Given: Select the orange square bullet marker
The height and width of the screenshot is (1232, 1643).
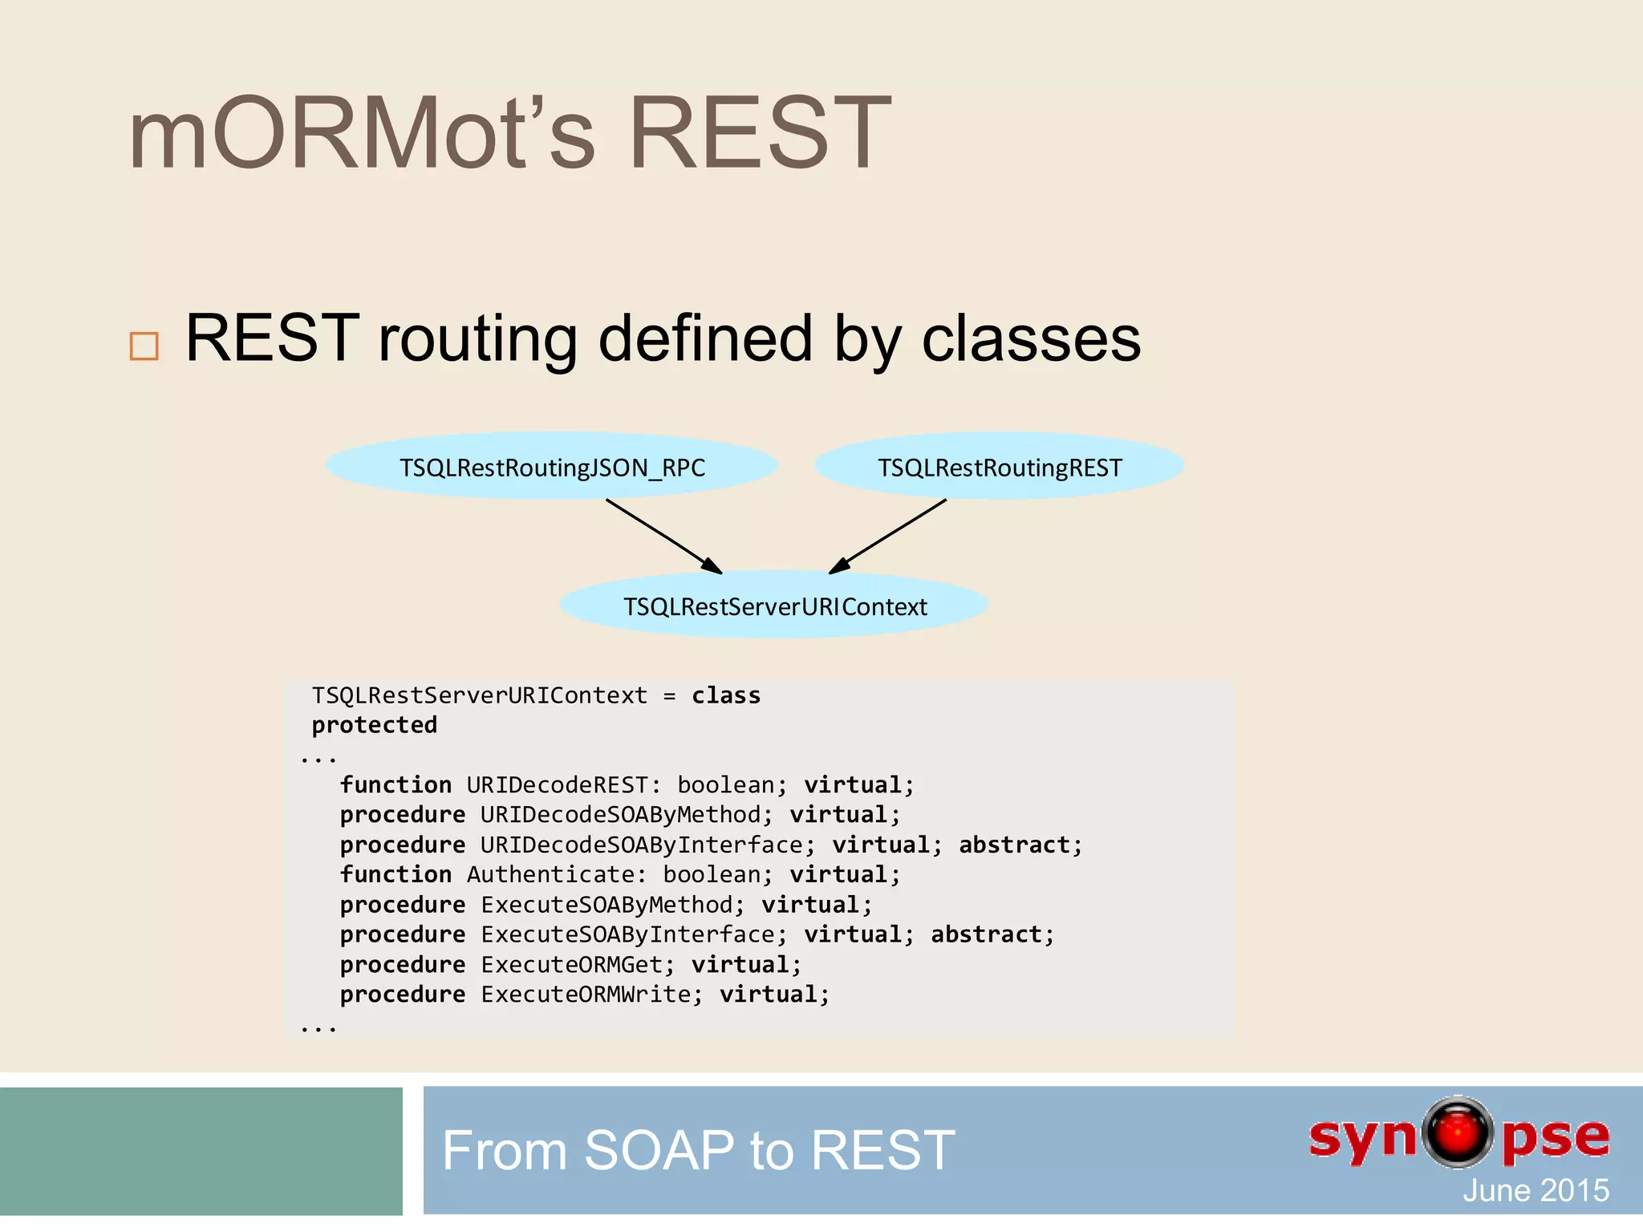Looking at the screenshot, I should coord(144,346).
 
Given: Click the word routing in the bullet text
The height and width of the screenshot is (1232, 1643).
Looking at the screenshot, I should coord(477,340).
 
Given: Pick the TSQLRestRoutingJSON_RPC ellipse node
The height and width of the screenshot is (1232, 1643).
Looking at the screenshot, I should coord(552,467).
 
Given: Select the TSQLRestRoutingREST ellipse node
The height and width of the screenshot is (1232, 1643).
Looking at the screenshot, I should coord(1000,467).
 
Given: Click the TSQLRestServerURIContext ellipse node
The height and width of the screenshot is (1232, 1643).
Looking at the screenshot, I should coord(774,606).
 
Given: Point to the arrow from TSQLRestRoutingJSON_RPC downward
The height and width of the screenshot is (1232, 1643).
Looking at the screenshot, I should coord(663,536).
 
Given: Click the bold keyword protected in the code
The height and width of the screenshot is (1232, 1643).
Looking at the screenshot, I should coord(374,725).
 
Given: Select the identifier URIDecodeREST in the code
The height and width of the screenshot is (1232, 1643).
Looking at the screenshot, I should coord(557,784).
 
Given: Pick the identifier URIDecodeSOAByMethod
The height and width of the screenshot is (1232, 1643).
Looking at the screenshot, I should coord(620,815).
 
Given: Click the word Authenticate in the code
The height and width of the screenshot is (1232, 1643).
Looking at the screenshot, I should coord(551,874).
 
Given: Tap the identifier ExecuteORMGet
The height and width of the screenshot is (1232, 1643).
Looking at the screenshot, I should coord(571,964).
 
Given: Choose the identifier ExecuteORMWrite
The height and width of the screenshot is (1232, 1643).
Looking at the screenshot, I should coord(585,995).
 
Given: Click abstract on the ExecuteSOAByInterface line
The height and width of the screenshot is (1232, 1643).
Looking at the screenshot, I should coord(986,934).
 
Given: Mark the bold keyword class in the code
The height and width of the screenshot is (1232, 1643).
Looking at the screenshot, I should coord(726,695).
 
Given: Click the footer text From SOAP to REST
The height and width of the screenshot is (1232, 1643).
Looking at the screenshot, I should coord(698,1150).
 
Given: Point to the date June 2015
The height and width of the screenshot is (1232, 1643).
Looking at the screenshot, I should coord(1535,1190).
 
